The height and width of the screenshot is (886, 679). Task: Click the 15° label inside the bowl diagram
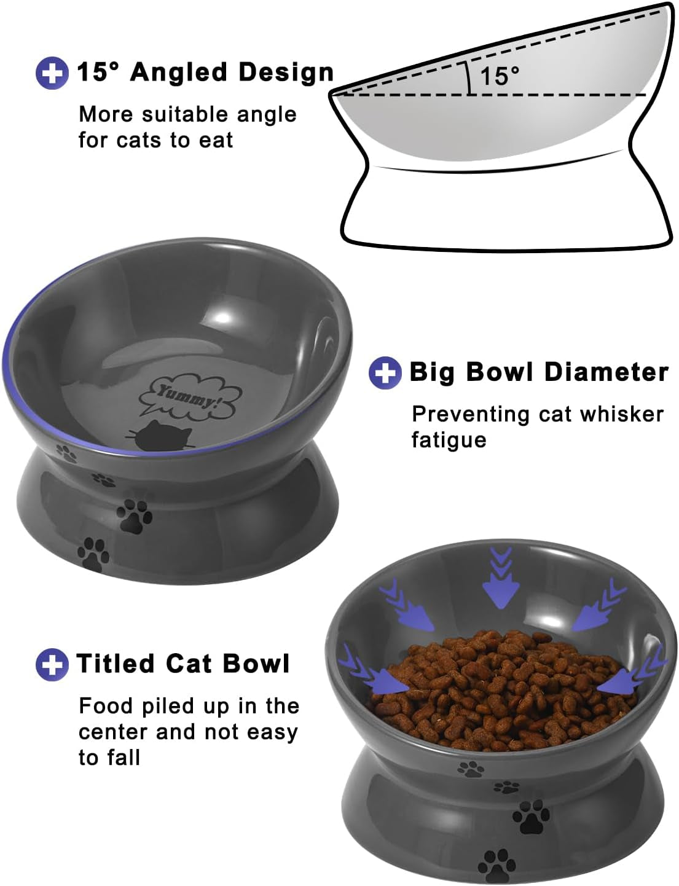pyautogui.click(x=499, y=76)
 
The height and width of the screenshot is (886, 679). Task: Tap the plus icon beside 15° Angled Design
pyautogui.click(x=52, y=73)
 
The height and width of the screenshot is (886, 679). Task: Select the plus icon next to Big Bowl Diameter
pyautogui.click(x=385, y=372)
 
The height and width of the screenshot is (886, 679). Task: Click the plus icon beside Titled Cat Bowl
pyautogui.click(x=52, y=664)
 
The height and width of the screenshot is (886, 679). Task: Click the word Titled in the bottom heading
pyautogui.click(x=116, y=664)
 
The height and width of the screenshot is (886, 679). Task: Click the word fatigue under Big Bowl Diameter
pyautogui.click(x=449, y=440)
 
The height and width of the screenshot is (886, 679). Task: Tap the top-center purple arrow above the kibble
pyautogui.click(x=501, y=578)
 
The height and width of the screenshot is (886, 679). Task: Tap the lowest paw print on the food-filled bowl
pyautogui.click(x=496, y=865)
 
